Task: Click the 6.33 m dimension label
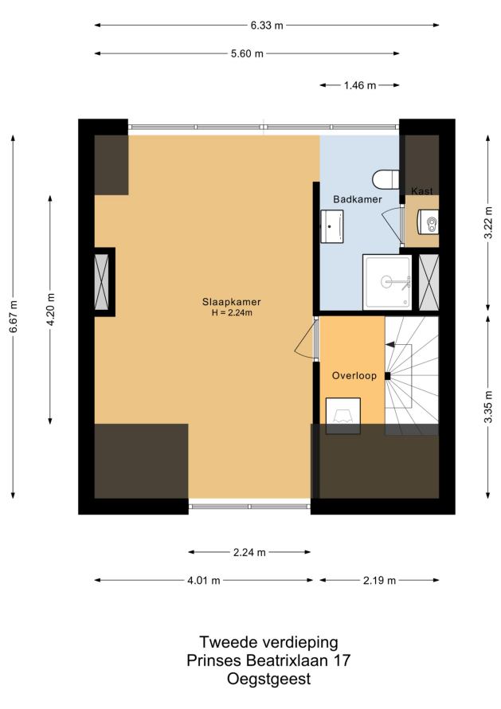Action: pyautogui.click(x=267, y=25)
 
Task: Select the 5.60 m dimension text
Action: pyautogui.click(x=247, y=54)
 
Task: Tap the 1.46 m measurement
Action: pyautogui.click(x=359, y=85)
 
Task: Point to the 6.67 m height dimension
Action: pyautogui.click(x=14, y=316)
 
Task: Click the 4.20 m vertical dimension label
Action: pyautogui.click(x=51, y=309)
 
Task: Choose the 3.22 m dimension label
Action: pyautogui.click(x=488, y=222)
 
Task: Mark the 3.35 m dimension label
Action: pyautogui.click(x=488, y=407)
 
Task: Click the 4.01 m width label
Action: pyautogui.click(x=203, y=581)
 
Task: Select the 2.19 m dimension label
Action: pyautogui.click(x=379, y=581)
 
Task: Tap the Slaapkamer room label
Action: pyautogui.click(x=232, y=302)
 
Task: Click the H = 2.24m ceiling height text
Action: pyautogui.click(x=232, y=313)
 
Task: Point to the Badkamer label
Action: pyautogui.click(x=358, y=199)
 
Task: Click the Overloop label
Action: pyautogui.click(x=354, y=376)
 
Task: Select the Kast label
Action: pyautogui.click(x=422, y=191)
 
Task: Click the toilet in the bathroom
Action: pyautogui.click(x=386, y=179)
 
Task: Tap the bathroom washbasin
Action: pyautogui.click(x=332, y=226)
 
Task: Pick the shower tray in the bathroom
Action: pyautogui.click(x=387, y=283)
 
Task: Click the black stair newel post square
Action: pyautogui.click(x=388, y=376)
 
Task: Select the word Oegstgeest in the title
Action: pyautogui.click(x=268, y=680)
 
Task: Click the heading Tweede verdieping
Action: pyautogui.click(x=268, y=643)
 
